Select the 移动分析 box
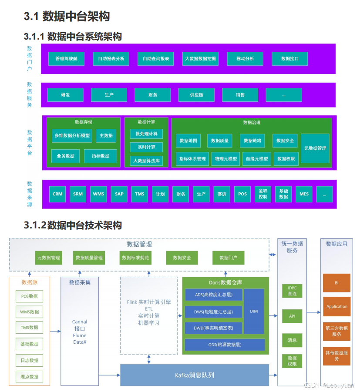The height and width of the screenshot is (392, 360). [x=245, y=58]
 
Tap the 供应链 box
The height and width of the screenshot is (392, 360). [x=196, y=95]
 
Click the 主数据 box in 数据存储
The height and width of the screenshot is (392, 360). [x=106, y=136]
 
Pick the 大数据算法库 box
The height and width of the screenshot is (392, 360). [x=146, y=161]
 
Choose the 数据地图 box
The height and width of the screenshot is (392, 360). [x=188, y=141]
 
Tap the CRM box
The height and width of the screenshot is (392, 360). [x=57, y=194]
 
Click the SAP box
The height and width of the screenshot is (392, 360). [x=119, y=194]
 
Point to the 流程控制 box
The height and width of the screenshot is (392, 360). [x=263, y=194]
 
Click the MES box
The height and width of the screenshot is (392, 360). [x=304, y=194]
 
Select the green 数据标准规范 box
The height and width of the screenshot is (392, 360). [x=135, y=258]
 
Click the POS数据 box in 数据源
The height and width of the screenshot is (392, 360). [x=30, y=296]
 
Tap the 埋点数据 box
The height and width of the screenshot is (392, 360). [x=30, y=377]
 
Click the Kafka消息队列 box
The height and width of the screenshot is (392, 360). [x=195, y=375]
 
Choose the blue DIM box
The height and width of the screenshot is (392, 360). [x=254, y=312]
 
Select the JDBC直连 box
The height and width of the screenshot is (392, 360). [x=292, y=291]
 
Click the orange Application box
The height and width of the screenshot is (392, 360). [x=337, y=306]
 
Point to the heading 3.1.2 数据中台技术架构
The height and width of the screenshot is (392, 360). [x=73, y=225]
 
